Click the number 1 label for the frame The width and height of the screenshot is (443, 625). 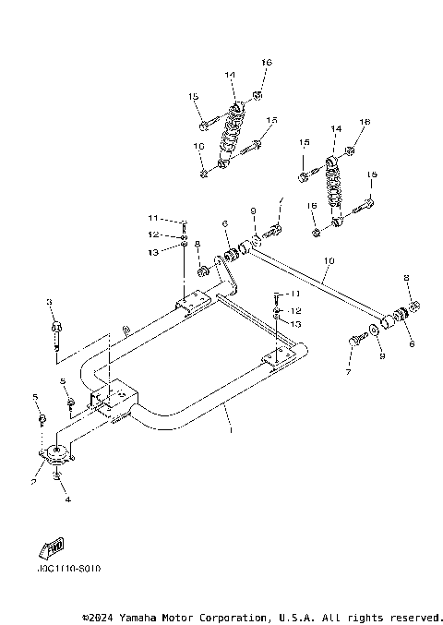[231, 429]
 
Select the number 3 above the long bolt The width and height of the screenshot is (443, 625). [50, 302]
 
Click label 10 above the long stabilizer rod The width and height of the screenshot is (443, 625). [327, 262]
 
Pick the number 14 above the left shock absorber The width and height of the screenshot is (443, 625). [230, 74]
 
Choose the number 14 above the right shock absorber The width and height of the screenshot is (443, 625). [336, 129]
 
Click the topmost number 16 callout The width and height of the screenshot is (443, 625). [266, 62]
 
